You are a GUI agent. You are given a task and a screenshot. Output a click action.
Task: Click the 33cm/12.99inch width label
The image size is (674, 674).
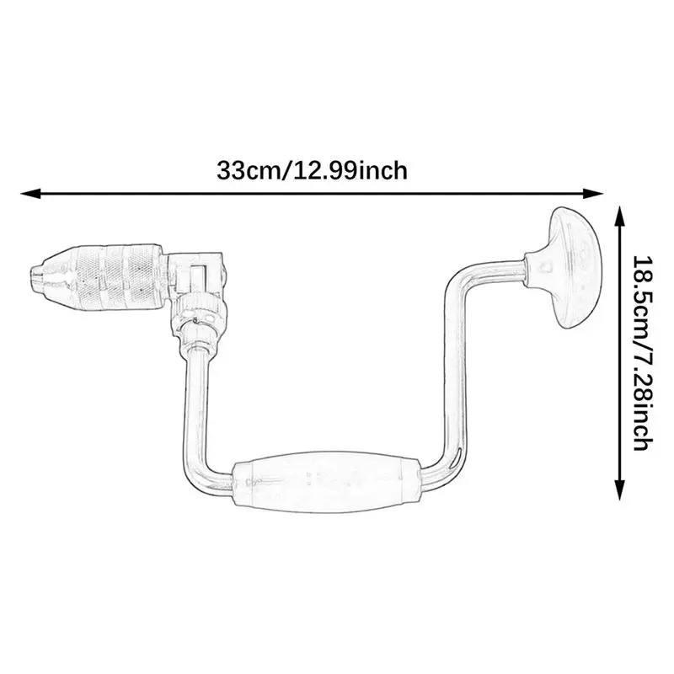tap(312, 171)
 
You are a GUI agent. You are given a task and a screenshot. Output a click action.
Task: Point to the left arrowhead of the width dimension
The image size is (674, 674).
tap(31, 194)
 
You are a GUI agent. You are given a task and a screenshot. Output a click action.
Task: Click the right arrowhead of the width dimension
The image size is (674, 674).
tap(593, 194)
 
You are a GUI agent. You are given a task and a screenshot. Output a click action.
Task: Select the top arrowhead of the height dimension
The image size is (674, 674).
tap(619, 217)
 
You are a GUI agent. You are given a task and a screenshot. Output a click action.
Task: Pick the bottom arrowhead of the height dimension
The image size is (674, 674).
tap(619, 490)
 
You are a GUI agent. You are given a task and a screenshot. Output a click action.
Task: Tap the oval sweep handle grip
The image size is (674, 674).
tap(326, 481)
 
